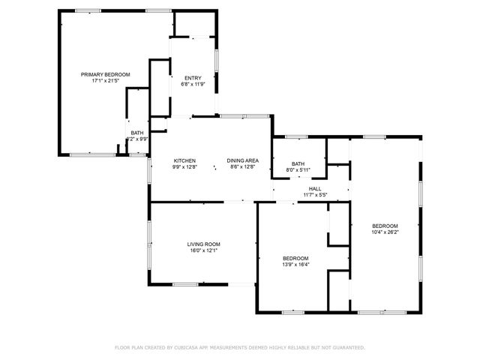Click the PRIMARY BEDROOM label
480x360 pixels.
[105, 74]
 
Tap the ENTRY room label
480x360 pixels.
[193, 79]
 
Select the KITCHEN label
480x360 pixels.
[184, 161]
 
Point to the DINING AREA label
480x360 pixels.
[244, 161]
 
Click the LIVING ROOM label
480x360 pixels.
[203, 244]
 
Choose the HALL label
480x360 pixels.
[315, 189]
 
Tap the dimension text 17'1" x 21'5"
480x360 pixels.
[105, 80]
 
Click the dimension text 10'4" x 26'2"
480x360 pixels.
[385, 232]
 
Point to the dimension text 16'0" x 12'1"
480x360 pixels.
[203, 250]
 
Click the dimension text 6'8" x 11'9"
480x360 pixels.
[193, 85]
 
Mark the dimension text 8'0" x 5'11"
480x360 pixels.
[298, 170]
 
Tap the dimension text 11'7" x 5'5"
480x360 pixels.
[315, 195]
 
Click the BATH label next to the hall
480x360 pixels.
[298, 164]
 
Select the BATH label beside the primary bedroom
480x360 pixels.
[137, 133]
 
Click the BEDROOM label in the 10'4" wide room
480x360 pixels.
[385, 226]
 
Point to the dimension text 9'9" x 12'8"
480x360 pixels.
[184, 167]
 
